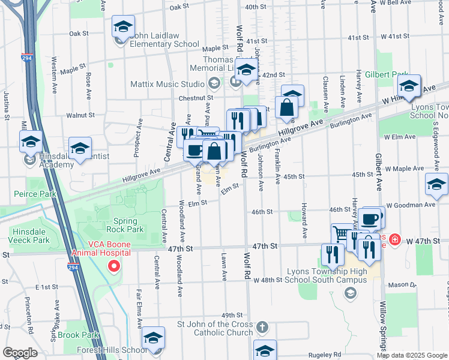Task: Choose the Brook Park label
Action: point(79,335)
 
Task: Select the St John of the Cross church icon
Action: point(262,328)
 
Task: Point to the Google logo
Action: point(19,352)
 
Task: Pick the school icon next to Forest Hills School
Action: point(154,339)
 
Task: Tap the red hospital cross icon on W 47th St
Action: point(395,241)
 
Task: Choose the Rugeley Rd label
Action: point(325,355)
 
